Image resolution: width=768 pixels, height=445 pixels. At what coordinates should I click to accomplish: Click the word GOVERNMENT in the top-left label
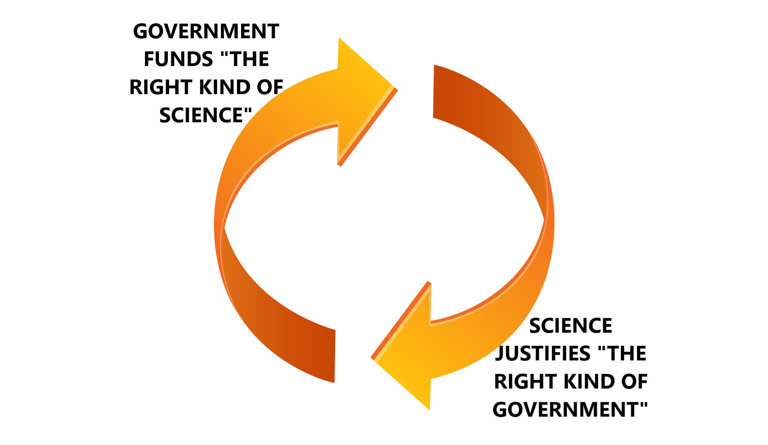tap(206, 31)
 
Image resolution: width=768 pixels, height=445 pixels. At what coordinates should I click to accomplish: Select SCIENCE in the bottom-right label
tap(570, 326)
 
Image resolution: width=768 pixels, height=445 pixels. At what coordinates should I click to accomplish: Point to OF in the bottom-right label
tap(634, 382)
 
